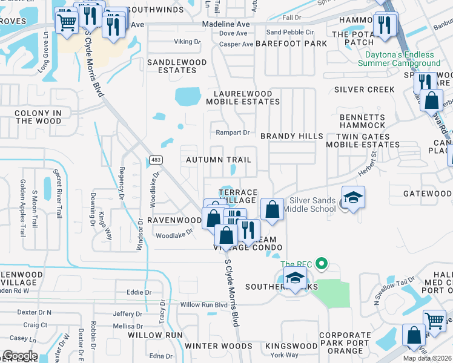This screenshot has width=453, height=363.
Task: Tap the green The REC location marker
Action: point(322,264)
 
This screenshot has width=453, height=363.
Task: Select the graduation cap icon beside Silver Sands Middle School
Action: point(353,197)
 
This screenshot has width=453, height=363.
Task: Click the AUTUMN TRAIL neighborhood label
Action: point(218,160)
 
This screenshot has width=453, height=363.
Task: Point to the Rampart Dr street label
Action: point(233,132)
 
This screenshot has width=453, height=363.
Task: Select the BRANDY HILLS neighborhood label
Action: point(292,136)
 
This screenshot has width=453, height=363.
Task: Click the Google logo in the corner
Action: point(20,355)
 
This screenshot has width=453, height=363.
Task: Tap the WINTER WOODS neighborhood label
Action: point(210,346)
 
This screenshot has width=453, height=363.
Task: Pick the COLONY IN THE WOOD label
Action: point(38,117)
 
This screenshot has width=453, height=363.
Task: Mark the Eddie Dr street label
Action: point(139,292)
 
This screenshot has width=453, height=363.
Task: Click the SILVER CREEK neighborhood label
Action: point(364,90)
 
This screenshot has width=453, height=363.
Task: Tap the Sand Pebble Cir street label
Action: point(290,32)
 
